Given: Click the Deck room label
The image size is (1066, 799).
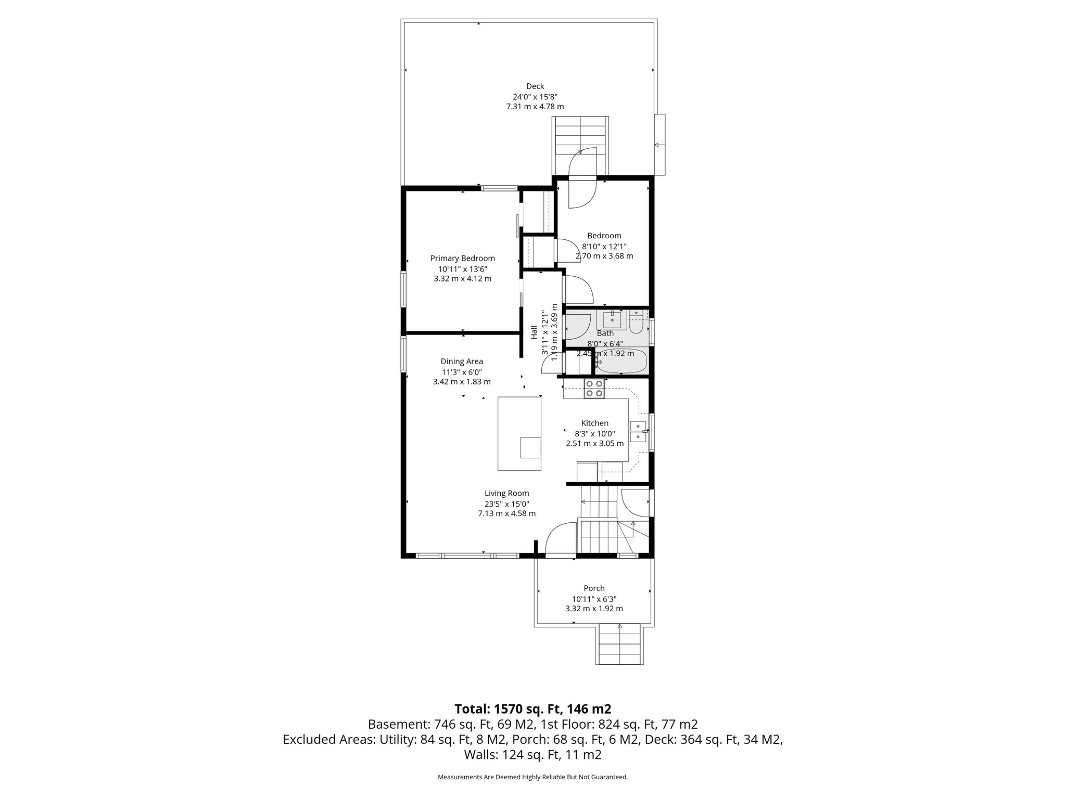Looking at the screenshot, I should [535, 86].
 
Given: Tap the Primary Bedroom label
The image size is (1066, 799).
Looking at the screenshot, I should [462, 259].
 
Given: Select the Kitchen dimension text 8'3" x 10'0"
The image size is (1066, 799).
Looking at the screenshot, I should [594, 433].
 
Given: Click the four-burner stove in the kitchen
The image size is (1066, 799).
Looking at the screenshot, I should [594, 389].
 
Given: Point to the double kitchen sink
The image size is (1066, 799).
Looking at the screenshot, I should [638, 431].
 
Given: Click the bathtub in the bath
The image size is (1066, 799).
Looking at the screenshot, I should [621, 363].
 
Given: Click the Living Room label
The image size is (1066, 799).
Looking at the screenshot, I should [506, 493].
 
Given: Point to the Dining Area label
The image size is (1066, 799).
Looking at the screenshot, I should [462, 362].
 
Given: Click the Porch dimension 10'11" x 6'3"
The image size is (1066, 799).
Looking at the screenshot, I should [594, 599].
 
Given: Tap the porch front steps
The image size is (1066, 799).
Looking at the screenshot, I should [619, 646].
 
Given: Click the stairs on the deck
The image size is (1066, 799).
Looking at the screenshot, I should [580, 138].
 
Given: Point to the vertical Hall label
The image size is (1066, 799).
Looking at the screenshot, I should [534, 332].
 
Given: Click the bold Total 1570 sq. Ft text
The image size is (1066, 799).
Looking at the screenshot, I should [532, 709].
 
